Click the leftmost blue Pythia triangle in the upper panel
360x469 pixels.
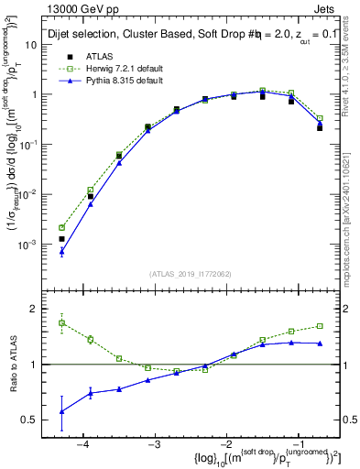point(61,251)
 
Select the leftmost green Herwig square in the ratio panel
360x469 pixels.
point(61,322)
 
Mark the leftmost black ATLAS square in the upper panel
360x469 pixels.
point(61,238)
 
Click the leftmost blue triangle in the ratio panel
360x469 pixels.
point(61,411)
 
